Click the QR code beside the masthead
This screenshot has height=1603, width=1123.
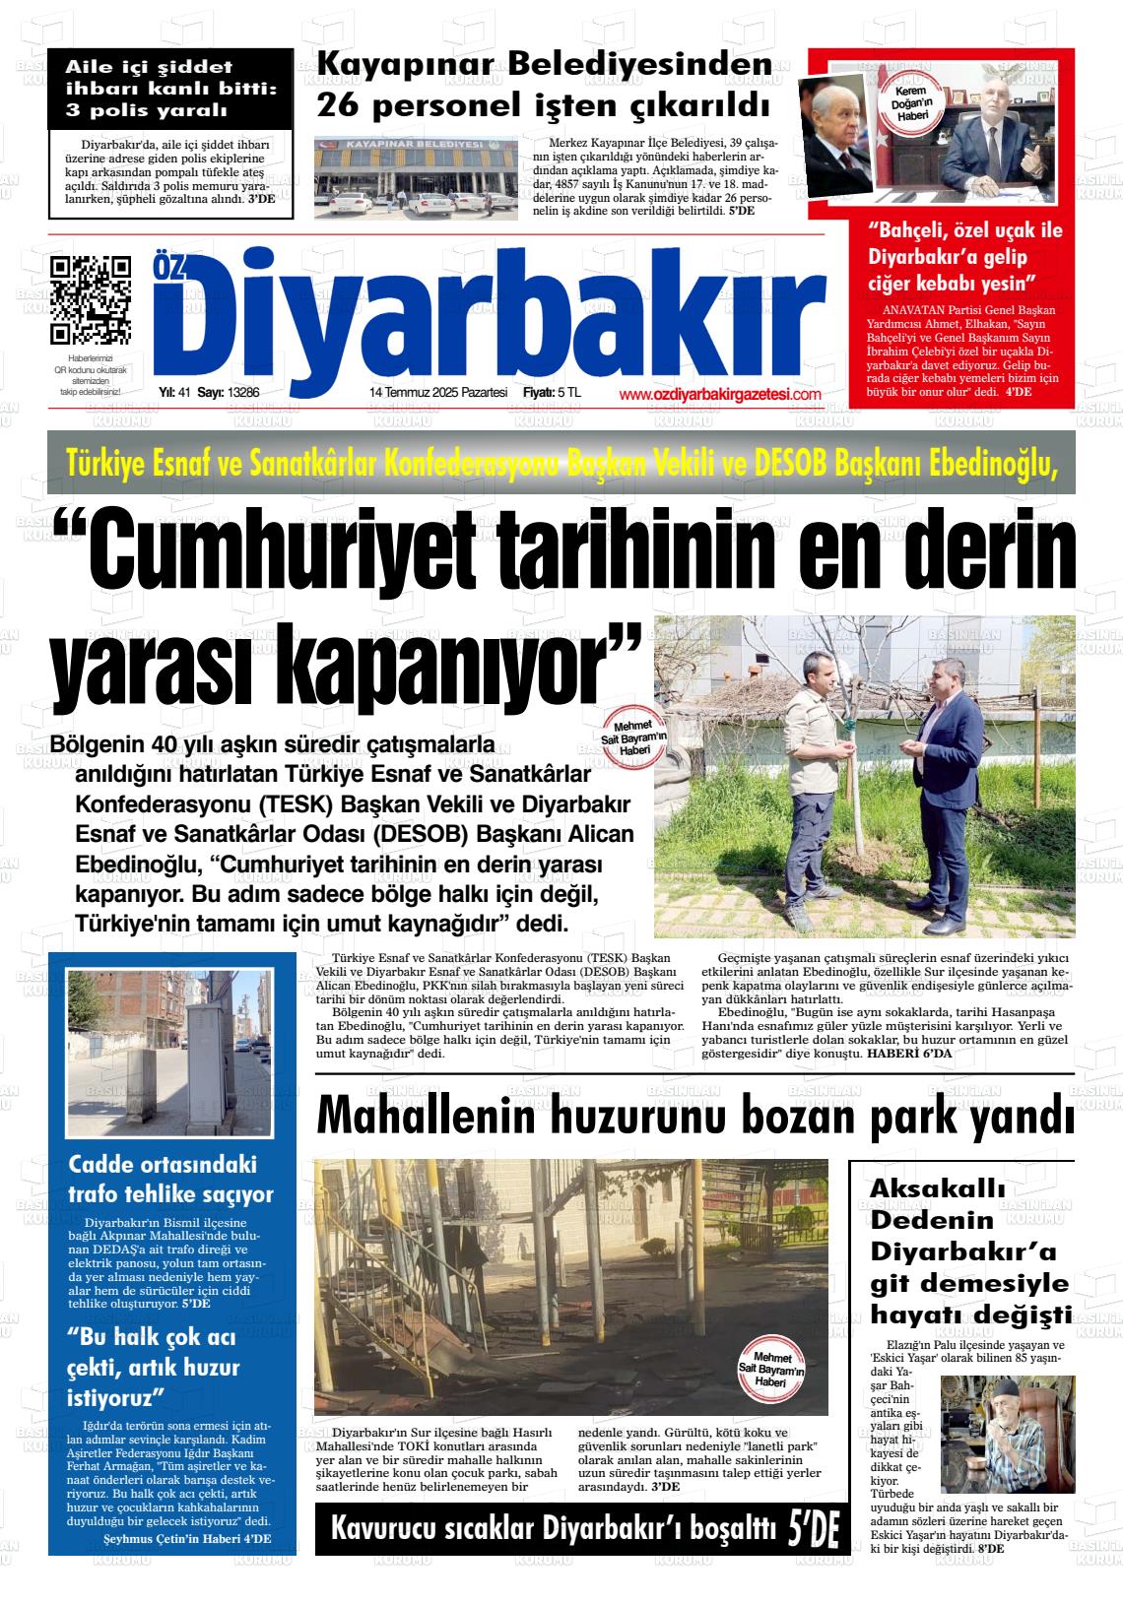(90, 297)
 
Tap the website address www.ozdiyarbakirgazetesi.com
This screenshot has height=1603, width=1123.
(719, 394)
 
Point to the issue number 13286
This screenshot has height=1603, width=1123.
(242, 392)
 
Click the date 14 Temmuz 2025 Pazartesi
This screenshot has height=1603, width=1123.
(437, 392)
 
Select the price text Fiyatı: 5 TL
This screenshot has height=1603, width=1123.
(552, 392)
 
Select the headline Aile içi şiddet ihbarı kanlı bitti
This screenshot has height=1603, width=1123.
(170, 89)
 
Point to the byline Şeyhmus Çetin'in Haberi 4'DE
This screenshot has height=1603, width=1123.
(187, 1539)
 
